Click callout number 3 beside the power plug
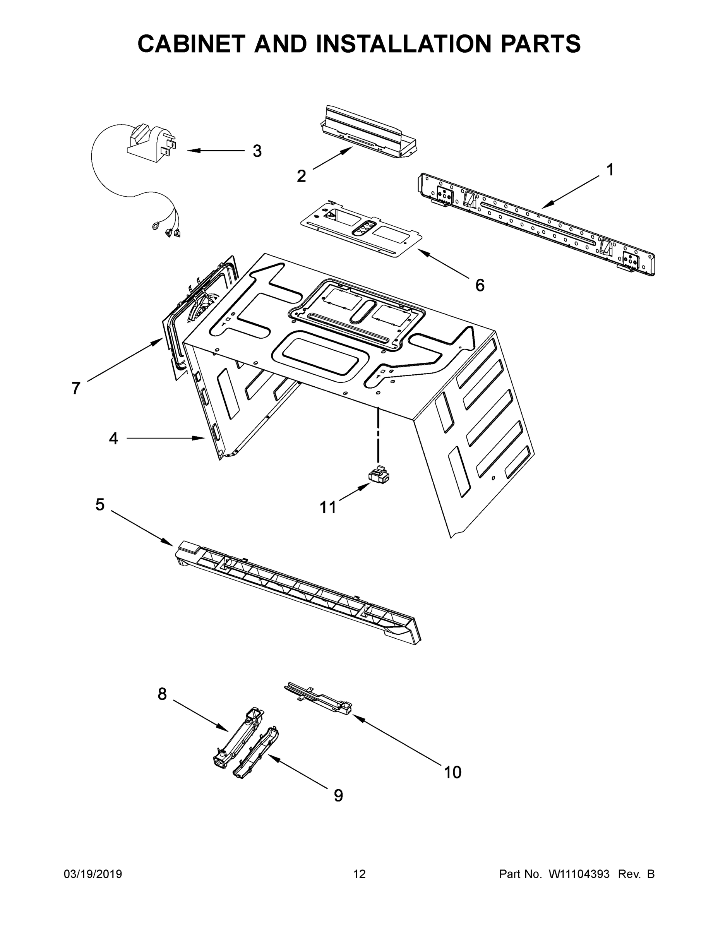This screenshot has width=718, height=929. click(257, 151)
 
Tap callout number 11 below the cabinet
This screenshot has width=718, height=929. click(327, 507)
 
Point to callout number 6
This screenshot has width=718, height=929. click(479, 285)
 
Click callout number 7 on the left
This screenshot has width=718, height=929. click(76, 388)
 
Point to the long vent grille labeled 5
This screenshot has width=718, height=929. click(298, 591)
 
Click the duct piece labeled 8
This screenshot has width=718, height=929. click(238, 738)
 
